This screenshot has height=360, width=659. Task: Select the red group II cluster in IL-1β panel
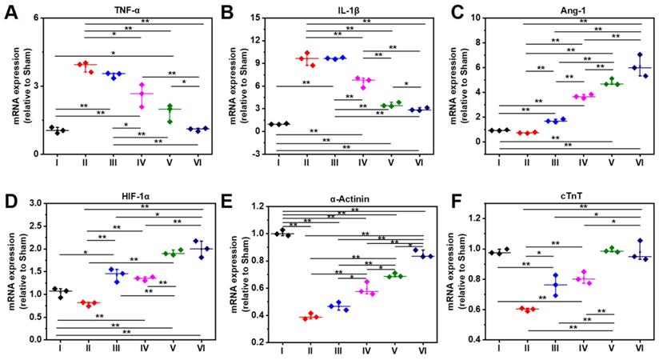tap(306, 58)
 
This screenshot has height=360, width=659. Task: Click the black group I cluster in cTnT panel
tap(500, 252)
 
